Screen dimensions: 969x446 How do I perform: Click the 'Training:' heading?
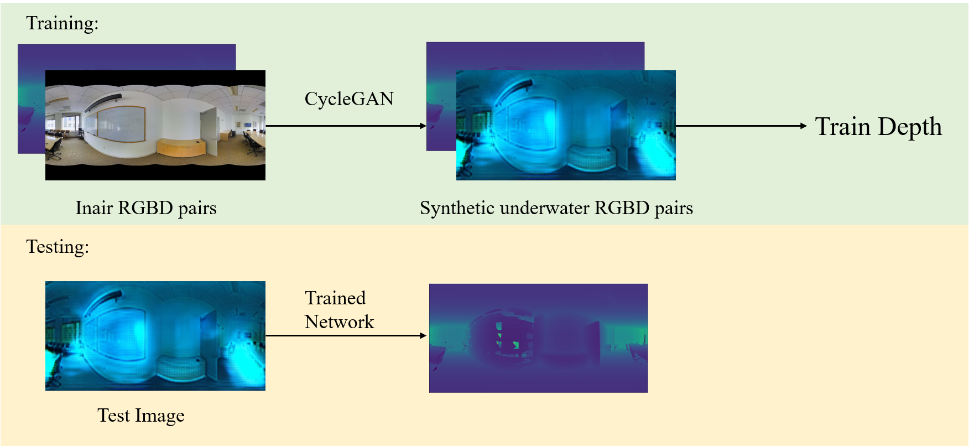coord(62,23)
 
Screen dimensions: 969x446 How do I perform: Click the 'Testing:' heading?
coord(58,247)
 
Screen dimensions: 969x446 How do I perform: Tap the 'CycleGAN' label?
coord(349,98)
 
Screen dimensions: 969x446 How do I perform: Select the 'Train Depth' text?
coord(878,126)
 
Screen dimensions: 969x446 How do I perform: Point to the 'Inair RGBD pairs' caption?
coord(146,208)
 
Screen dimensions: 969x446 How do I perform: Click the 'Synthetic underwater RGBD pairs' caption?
coord(556,208)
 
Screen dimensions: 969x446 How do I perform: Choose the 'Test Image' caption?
coord(141,416)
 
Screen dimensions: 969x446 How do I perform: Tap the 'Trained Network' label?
coord(340,310)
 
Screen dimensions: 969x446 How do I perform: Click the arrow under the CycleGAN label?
coord(346,126)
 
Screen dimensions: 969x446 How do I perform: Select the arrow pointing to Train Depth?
coord(742,126)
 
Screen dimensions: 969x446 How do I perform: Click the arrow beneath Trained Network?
coord(346,335)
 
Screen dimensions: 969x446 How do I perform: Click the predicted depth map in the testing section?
coord(538,338)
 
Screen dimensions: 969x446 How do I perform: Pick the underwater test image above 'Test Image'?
coord(155,336)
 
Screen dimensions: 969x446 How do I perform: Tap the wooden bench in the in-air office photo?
coord(181,147)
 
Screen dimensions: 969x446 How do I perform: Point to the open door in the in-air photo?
coord(209,129)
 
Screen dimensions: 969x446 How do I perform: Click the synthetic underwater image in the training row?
coord(566,125)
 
